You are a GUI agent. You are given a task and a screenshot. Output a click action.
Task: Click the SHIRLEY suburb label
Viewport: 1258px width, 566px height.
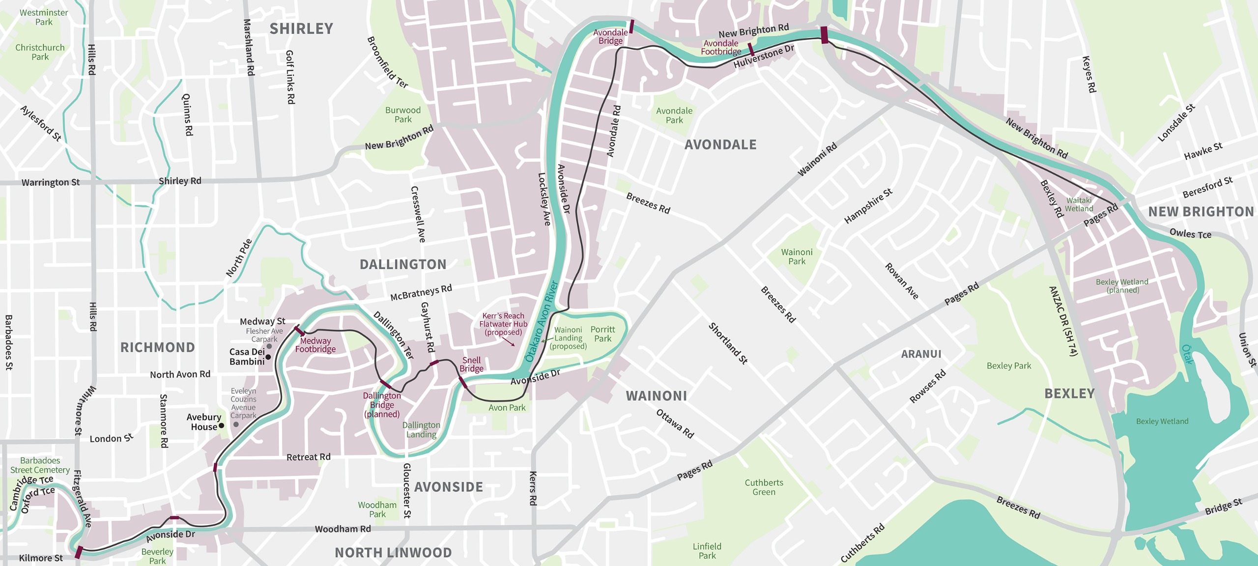(x=301, y=29)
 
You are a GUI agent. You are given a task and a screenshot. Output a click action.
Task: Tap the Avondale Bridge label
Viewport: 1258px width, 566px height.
(x=610, y=37)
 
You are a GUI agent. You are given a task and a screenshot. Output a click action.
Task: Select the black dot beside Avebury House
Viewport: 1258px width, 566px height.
(x=221, y=425)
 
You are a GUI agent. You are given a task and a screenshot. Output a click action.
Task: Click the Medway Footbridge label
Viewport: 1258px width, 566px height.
(x=315, y=345)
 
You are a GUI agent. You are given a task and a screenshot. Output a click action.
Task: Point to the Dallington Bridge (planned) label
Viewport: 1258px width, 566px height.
(x=382, y=405)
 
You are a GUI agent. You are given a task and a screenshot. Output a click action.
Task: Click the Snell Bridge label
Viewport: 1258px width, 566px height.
(x=471, y=365)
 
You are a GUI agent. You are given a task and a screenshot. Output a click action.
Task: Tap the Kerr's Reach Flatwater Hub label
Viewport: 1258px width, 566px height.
(x=503, y=324)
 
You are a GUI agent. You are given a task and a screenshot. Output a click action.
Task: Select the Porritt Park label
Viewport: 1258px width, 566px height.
(x=602, y=334)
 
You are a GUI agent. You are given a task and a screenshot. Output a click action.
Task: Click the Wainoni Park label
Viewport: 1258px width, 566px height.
(x=797, y=256)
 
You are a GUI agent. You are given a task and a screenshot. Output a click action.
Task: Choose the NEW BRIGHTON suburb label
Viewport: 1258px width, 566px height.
(x=1201, y=212)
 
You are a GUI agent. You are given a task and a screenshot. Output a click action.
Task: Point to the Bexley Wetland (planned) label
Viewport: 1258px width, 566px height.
(x=1122, y=286)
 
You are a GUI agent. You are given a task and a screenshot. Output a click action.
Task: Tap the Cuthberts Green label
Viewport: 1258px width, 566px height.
(x=764, y=487)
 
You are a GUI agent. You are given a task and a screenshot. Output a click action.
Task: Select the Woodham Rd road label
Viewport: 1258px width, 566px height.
(x=343, y=529)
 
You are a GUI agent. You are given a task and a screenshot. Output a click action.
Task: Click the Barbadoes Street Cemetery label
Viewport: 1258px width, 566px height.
(x=40, y=465)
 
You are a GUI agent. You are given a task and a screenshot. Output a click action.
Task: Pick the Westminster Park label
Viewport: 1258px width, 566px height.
(x=44, y=17)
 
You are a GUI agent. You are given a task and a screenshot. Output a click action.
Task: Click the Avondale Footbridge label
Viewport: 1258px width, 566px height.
(x=721, y=47)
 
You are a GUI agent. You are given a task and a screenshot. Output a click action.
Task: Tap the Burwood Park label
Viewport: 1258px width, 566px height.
(x=403, y=114)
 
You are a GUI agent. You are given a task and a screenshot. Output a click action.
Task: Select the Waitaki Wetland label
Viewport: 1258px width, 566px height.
(x=1079, y=204)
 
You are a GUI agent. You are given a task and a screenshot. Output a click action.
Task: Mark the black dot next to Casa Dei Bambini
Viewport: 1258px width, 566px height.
(x=268, y=357)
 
